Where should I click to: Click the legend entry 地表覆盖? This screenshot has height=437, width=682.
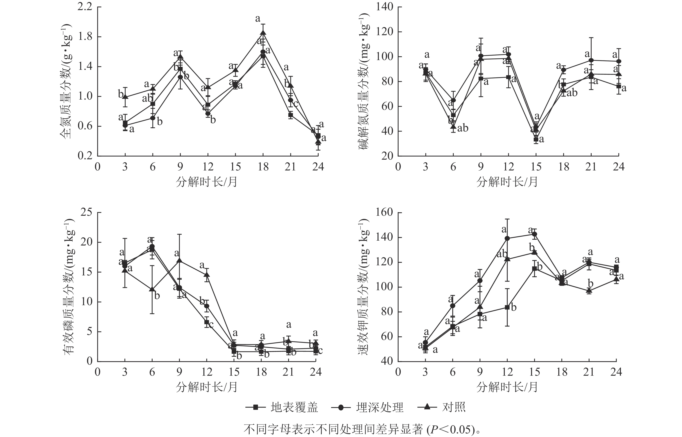pyautogui.click(x=294, y=407)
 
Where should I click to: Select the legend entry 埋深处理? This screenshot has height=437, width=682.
pyautogui.click(x=379, y=407)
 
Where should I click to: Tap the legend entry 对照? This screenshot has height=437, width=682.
pyautogui.click(x=453, y=407)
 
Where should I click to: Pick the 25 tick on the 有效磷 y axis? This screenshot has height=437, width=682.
pyautogui.click(x=87, y=212)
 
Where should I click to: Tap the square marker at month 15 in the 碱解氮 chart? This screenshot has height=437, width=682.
pyautogui.click(x=536, y=139)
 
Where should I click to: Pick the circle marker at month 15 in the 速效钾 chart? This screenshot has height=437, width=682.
pyautogui.click(x=534, y=234)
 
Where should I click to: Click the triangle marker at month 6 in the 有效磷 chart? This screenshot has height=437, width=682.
pyautogui.click(x=152, y=289)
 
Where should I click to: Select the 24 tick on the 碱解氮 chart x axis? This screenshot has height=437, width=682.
pyautogui.click(x=618, y=167)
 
